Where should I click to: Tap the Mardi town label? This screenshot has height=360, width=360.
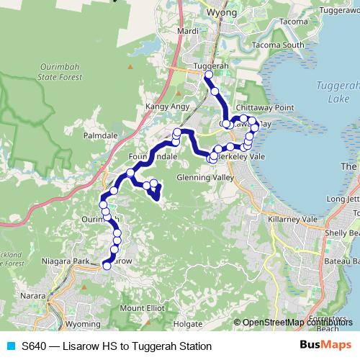pyautogui.click(x=187, y=32)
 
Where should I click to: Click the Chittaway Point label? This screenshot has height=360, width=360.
pyautogui.click(x=268, y=108)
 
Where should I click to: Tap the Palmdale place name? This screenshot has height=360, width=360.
pyautogui.click(x=99, y=135)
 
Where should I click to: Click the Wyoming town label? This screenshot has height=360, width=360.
pyautogui.click(x=83, y=325)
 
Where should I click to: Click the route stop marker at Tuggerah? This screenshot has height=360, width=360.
pyautogui.click(x=209, y=75)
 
